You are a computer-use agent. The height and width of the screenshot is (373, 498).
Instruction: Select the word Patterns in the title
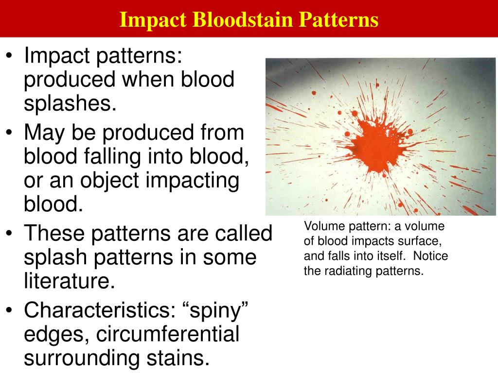(338, 20)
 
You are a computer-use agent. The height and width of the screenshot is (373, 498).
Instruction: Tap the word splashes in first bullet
(70, 103)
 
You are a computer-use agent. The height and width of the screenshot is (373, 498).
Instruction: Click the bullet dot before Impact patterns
(10, 57)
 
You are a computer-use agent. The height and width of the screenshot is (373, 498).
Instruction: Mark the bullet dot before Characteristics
(10, 311)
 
